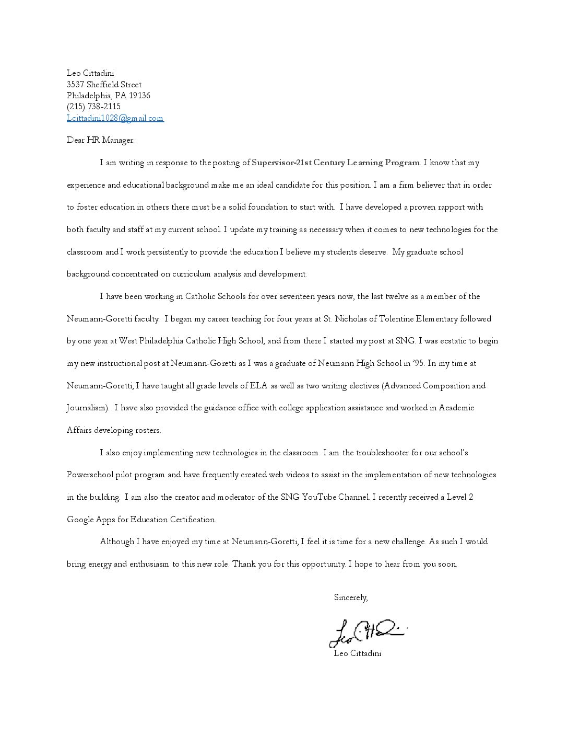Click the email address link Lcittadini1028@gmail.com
click(115, 118)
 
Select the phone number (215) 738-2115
click(93, 107)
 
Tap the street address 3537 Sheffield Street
click(104, 85)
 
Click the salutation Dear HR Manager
click(100, 140)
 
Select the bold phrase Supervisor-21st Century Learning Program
click(336, 163)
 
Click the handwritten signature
click(365, 632)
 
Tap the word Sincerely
click(351, 597)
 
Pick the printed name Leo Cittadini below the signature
click(358, 653)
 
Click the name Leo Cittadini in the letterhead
click(90, 73)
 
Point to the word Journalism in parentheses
click(87, 408)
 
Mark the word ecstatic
click(441, 341)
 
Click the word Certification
click(193, 520)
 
